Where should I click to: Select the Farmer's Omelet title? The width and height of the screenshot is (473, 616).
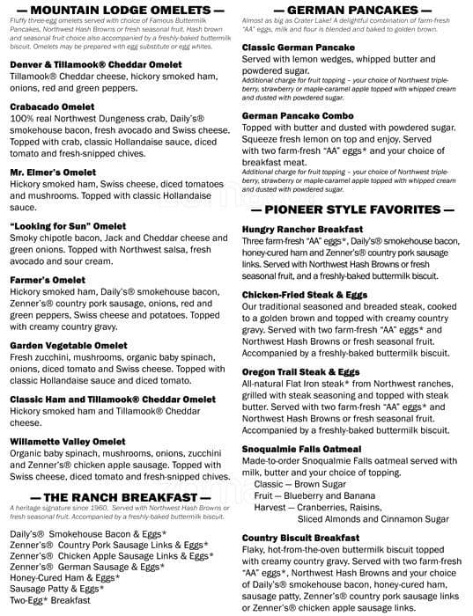48,280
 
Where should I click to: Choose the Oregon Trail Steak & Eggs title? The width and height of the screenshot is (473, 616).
299,372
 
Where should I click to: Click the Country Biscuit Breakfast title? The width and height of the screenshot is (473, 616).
300,538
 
